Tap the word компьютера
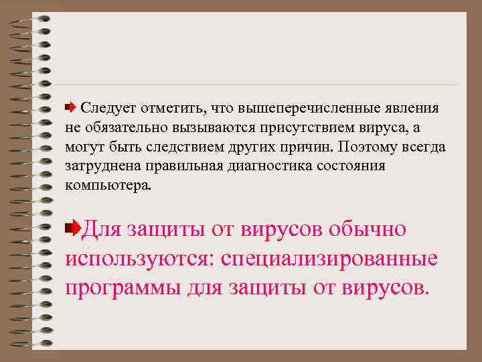[x=108, y=185]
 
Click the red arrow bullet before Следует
[x=70, y=107]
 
